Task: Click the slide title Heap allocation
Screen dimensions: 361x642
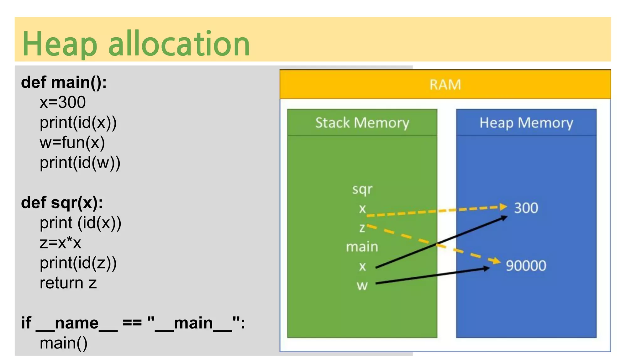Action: (x=136, y=44)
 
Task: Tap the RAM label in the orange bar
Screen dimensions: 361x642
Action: (x=445, y=85)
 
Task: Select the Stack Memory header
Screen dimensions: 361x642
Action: (x=362, y=123)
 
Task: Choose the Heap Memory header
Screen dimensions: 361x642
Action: (x=526, y=123)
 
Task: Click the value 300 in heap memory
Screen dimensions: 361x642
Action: (x=526, y=208)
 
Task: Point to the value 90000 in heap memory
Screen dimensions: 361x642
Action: (x=526, y=266)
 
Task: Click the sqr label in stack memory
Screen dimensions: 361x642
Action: (x=362, y=190)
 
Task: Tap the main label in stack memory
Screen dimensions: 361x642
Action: (x=362, y=247)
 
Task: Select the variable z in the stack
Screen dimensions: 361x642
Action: (x=362, y=228)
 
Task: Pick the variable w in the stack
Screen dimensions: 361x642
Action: (x=362, y=285)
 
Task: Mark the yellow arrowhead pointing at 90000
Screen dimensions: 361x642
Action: (x=496, y=261)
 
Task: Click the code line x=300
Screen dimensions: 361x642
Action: (x=63, y=102)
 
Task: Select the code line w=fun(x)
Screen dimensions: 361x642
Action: (x=72, y=143)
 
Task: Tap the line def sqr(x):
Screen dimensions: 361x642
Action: (x=62, y=203)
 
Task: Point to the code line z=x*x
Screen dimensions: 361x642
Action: (x=61, y=243)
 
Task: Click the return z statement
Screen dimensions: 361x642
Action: (x=68, y=283)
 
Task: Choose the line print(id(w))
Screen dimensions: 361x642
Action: (x=80, y=163)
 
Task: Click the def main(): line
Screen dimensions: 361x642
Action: (x=64, y=82)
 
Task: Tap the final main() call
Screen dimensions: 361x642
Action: (x=64, y=343)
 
